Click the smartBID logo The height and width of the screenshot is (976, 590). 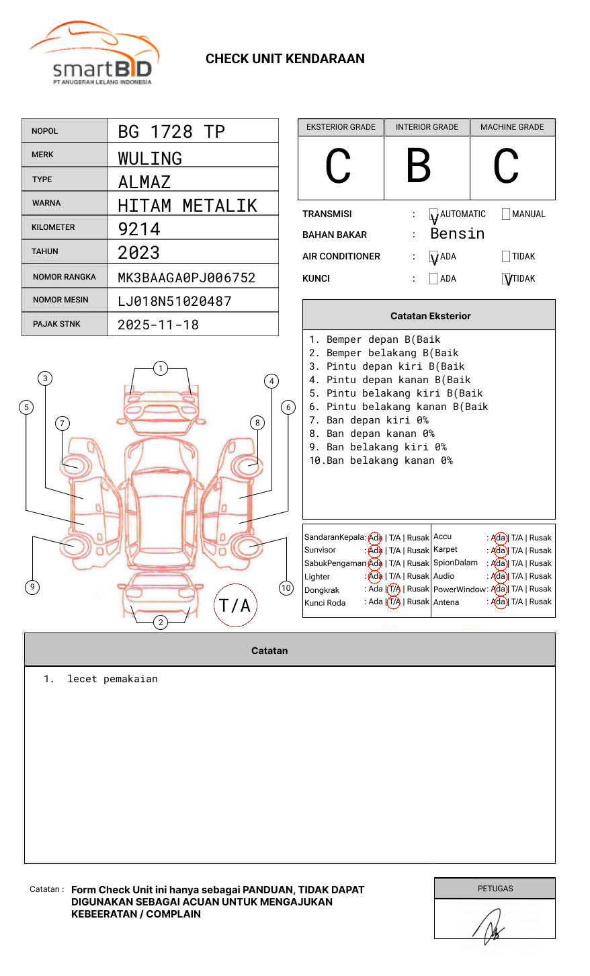[x=95, y=54]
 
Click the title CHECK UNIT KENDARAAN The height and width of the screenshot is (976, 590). [x=285, y=59]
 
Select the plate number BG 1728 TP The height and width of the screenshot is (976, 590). [x=171, y=132]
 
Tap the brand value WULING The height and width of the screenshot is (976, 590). [x=150, y=159]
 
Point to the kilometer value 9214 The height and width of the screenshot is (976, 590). [x=139, y=229]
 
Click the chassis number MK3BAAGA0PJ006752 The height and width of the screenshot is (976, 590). [x=186, y=278]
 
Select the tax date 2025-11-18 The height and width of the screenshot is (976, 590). [x=158, y=325]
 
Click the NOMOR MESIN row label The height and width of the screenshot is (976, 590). [x=60, y=300]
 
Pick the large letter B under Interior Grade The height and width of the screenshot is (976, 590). [x=418, y=166]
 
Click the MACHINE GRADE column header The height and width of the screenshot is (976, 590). [x=512, y=127]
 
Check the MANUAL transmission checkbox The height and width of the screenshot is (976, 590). [x=506, y=214]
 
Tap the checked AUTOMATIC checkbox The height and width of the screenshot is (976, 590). [x=433, y=215]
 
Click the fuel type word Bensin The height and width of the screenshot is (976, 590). [x=457, y=234]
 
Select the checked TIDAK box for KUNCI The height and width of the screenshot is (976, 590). [x=507, y=279]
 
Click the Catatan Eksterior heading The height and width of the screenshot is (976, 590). [x=430, y=316]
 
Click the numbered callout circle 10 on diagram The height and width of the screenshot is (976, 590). [x=286, y=588]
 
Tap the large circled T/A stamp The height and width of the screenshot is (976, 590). [x=235, y=606]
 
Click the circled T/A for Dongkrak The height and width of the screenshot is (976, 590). [x=394, y=589]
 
